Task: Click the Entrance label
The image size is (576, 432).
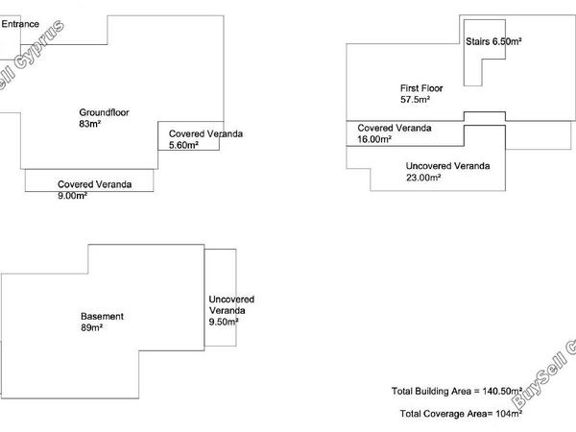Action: click(x=20, y=24)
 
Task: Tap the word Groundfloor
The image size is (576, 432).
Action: click(x=104, y=112)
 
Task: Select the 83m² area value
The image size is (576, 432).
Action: click(x=89, y=124)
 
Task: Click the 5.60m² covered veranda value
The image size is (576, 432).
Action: click(x=183, y=145)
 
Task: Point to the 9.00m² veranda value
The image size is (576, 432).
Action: click(x=72, y=196)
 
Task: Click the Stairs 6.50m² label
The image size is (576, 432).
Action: click(x=493, y=41)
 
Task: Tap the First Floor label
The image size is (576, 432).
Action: click(x=421, y=88)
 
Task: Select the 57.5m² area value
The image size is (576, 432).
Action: click(x=415, y=100)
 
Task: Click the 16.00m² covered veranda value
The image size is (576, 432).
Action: click(x=374, y=139)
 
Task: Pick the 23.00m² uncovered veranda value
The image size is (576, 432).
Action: click(x=423, y=178)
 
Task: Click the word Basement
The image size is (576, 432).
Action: click(x=102, y=316)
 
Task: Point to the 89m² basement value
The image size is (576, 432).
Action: click(x=91, y=327)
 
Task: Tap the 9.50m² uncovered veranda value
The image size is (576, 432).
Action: click(x=224, y=323)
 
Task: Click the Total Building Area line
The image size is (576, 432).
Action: click(x=457, y=392)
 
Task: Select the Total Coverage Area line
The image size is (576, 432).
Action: click(x=461, y=414)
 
